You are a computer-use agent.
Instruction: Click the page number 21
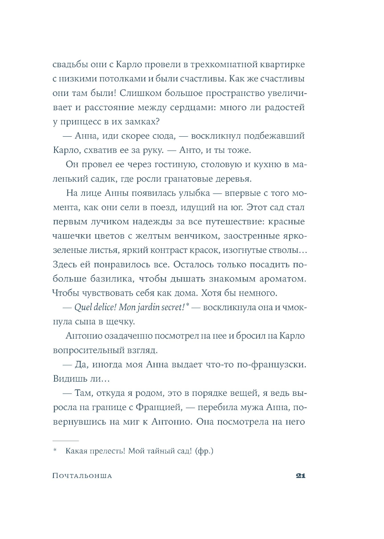coord(300,476)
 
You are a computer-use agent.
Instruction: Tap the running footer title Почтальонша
coord(82,476)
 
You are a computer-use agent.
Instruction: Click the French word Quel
coord(83,307)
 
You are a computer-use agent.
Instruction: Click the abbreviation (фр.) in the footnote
coord(204,451)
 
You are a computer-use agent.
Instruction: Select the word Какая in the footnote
coord(76,451)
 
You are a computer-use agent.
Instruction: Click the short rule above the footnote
coord(65,441)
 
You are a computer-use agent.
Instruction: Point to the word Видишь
coord(69,379)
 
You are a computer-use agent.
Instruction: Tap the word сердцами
coord(192,107)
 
